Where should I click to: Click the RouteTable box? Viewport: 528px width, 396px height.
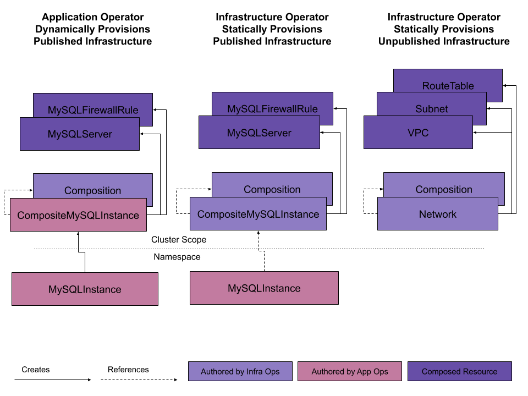point(448,85)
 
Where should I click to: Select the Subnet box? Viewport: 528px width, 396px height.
point(432,109)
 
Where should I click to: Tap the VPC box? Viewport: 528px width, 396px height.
point(418,133)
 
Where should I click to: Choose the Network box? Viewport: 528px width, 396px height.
point(438,214)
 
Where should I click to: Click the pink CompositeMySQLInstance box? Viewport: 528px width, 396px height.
point(78,215)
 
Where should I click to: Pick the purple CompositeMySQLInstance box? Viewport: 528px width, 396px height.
point(258,214)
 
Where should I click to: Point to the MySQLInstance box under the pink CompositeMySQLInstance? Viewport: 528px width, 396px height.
point(85,289)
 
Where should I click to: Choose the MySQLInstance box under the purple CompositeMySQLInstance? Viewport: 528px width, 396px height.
point(264,288)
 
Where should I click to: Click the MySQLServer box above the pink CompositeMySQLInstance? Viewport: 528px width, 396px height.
point(80,134)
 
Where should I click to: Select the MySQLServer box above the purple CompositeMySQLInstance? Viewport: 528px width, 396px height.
point(259,133)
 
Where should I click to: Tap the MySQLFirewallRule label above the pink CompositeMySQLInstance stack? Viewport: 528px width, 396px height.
point(93,110)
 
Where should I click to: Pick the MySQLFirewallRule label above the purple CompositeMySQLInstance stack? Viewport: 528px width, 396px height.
point(272,109)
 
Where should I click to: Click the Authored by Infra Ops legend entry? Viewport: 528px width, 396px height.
point(240,371)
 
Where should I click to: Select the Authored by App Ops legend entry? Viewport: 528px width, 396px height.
point(350,371)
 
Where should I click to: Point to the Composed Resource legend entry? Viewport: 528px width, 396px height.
point(459,371)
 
